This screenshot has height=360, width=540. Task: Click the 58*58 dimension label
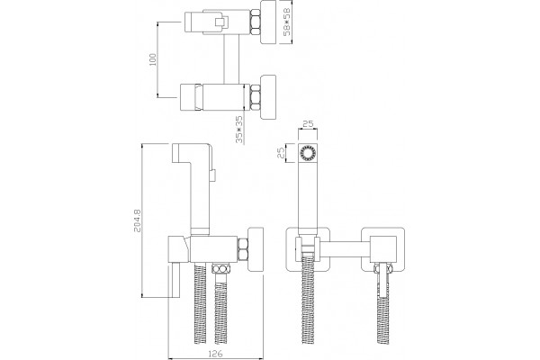click(286, 22)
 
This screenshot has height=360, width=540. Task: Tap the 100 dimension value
click(153, 59)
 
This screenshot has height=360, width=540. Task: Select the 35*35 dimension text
click(239, 130)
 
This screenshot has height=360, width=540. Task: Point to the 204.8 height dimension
click(137, 220)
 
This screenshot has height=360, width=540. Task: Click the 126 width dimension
click(216, 353)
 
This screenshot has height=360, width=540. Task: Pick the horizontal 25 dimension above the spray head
click(308, 124)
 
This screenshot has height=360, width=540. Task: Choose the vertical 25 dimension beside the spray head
click(281, 152)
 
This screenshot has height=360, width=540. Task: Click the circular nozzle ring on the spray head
click(307, 152)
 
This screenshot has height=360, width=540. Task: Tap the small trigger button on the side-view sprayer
click(213, 175)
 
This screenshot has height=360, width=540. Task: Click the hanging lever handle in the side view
click(175, 279)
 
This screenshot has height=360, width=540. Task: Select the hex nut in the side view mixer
click(243, 248)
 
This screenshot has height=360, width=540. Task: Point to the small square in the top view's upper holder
click(219, 22)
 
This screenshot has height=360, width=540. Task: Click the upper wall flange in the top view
click(268, 22)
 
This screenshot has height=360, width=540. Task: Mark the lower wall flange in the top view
click(268, 96)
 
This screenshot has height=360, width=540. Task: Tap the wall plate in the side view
click(256, 248)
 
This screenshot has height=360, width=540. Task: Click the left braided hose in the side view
click(200, 303)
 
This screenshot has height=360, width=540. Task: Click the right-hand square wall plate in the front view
click(382, 248)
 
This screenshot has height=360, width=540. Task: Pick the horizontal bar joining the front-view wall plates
click(345, 248)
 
